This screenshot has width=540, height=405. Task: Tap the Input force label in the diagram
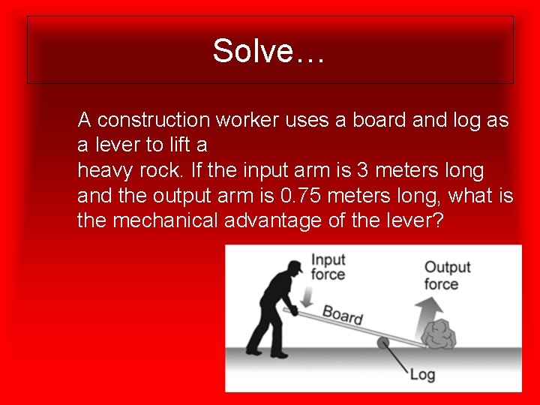pos(328,267)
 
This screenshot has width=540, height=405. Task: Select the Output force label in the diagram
pos(447,275)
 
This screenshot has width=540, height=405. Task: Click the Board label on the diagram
pos(343,314)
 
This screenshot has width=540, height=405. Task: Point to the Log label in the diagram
pos(422,373)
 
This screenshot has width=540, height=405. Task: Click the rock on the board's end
pos(439,334)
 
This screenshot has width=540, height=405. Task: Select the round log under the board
pos(383,343)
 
